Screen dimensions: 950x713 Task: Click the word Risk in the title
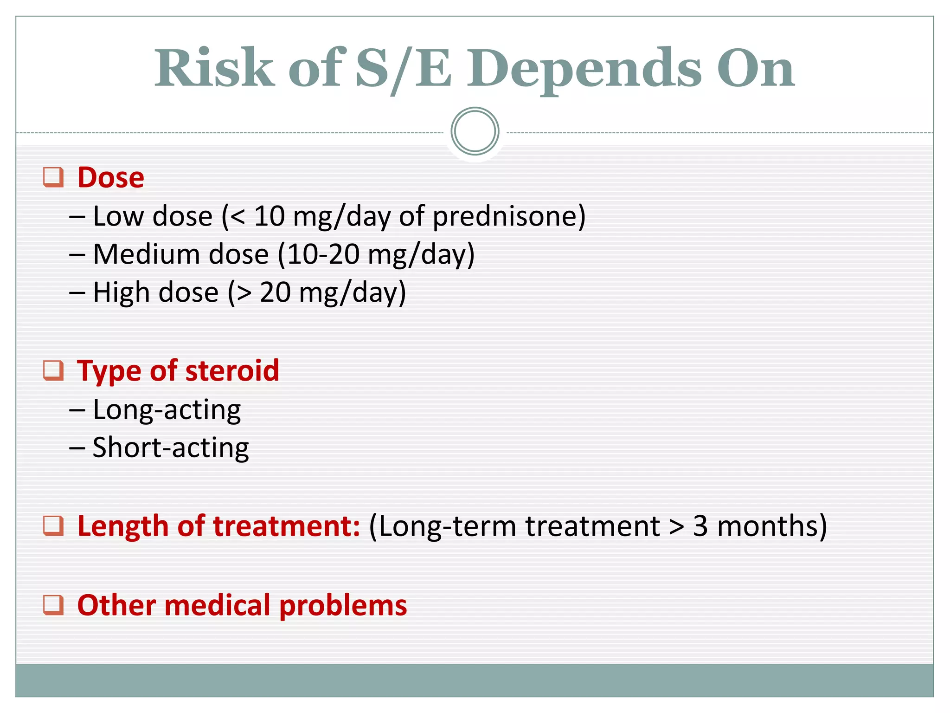click(214, 68)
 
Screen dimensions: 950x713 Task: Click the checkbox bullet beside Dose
click(53, 177)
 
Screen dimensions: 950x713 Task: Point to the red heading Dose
click(111, 177)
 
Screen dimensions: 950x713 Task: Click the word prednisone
click(504, 217)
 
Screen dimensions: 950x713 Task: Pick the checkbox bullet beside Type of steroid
click(53, 370)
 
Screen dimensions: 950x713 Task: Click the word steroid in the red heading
click(232, 370)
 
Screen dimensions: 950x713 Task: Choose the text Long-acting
click(167, 410)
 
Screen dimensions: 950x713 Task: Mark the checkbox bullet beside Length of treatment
click(53, 525)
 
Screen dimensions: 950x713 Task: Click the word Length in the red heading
click(123, 527)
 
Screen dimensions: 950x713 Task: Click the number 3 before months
click(700, 526)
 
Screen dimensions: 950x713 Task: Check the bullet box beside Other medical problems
click(53, 605)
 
